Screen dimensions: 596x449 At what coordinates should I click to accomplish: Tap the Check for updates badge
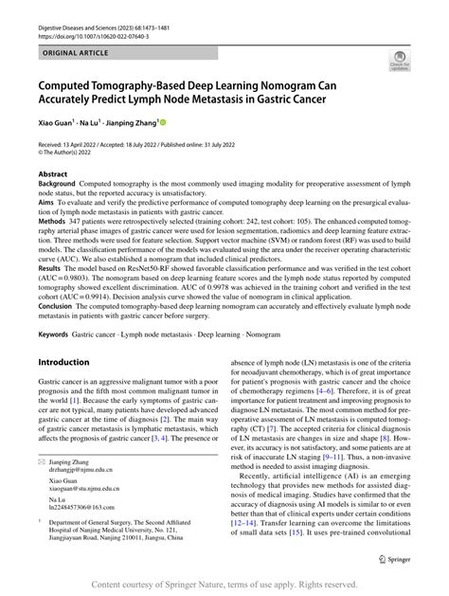(399, 63)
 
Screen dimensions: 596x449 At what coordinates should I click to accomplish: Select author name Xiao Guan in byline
(59, 121)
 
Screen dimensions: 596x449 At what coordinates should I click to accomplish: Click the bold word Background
(60, 185)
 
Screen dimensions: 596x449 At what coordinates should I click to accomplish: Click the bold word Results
(52, 269)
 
